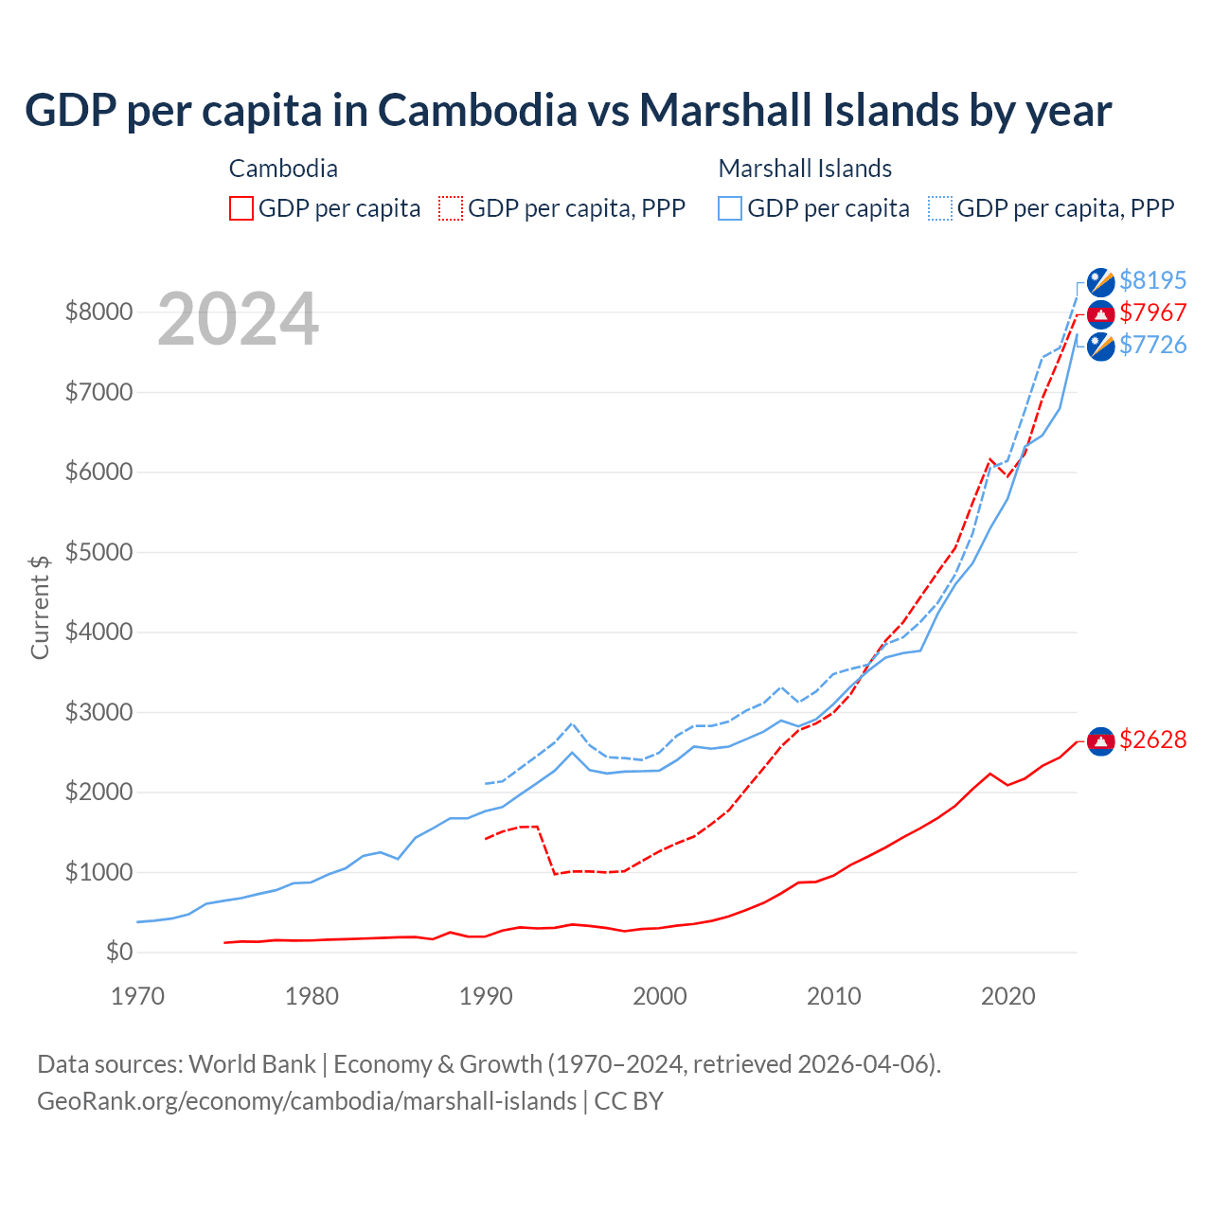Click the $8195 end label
(1152, 280)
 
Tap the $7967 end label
(1152, 312)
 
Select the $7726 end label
(1152, 345)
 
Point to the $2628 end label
(1152, 740)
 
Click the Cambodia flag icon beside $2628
(1100, 740)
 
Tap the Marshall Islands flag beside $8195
(1100, 281)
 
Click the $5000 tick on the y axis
(98, 552)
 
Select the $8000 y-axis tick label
(98, 312)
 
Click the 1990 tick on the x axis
(486, 996)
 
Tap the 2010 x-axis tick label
(834, 996)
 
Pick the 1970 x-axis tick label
(138, 996)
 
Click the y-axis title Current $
(40, 607)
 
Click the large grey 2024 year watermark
(238, 319)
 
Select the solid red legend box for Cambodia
(241, 208)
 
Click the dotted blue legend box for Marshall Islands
(940, 208)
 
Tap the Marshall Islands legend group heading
(805, 169)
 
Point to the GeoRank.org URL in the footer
(307, 1101)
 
